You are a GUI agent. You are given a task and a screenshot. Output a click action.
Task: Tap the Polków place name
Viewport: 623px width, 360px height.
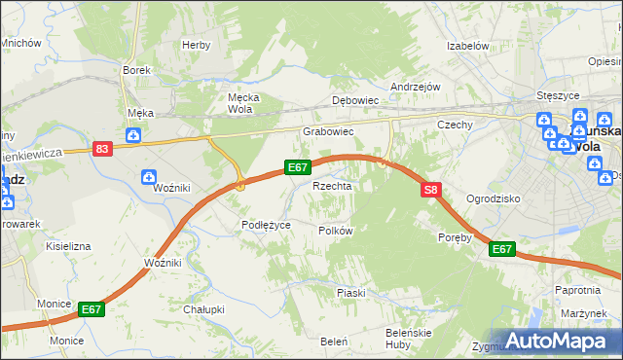(x=335, y=231)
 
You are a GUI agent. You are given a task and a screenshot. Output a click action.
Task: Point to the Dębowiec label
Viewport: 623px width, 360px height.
(x=354, y=100)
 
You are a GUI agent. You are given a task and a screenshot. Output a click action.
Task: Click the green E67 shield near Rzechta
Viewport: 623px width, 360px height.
(x=298, y=167)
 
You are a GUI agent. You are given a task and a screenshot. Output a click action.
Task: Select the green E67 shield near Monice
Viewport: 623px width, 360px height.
(x=91, y=309)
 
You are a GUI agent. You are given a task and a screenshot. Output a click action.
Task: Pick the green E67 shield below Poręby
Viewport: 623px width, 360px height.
(x=501, y=250)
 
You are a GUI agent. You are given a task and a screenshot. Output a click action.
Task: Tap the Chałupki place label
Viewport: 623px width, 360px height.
(x=203, y=309)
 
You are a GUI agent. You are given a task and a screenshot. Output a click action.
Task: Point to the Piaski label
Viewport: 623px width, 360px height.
(x=350, y=293)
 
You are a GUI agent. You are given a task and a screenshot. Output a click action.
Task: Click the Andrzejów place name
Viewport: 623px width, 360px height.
(x=416, y=86)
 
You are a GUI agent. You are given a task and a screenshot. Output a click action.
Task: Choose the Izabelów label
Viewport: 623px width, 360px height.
(x=466, y=46)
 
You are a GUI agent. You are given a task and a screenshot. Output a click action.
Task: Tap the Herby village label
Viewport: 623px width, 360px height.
(x=196, y=45)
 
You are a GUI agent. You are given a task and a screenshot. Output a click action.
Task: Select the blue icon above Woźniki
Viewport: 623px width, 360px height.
(x=147, y=176)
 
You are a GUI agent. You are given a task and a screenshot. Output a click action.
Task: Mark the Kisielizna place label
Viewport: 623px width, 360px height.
(x=68, y=247)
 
